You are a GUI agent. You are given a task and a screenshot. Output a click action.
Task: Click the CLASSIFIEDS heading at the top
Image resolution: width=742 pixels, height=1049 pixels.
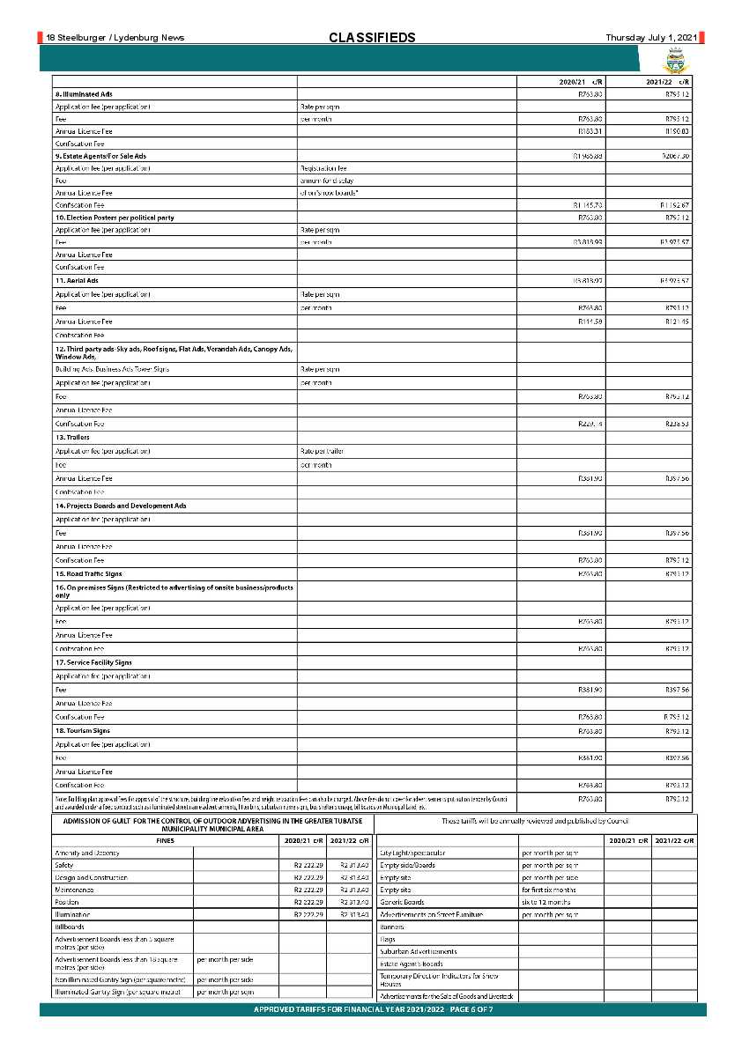[371, 37]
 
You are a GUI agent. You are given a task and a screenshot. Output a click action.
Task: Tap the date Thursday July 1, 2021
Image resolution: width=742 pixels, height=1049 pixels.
[650, 37]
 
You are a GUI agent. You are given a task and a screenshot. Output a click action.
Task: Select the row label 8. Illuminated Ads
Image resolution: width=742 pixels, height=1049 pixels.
[84, 93]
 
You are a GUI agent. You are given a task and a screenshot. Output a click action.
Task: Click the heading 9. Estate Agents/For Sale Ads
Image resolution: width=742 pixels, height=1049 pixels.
[100, 155]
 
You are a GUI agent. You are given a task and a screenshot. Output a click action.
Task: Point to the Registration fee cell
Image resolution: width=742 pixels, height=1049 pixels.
[323, 167]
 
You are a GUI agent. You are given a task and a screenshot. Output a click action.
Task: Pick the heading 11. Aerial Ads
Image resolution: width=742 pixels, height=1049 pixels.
[77, 280]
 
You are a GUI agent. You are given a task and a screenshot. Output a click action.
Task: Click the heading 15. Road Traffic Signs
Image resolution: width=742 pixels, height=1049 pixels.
[88, 574]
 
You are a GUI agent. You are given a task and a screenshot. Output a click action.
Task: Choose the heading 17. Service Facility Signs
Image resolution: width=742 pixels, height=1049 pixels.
[94, 662]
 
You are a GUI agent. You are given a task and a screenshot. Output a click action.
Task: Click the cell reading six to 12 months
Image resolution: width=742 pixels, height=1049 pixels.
[545, 902]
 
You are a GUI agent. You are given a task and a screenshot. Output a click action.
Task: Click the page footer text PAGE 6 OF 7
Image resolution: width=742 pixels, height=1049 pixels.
[464, 1009]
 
